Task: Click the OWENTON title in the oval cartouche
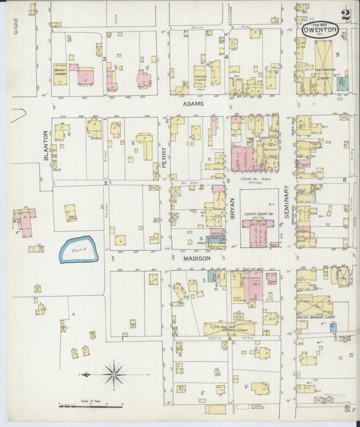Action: click(x=319, y=30)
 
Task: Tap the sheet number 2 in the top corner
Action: click(x=345, y=16)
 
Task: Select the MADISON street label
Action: click(x=197, y=258)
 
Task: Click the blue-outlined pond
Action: click(x=79, y=249)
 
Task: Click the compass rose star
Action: click(x=114, y=373)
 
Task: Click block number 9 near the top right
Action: click(x=346, y=73)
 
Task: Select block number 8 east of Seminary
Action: click(x=344, y=180)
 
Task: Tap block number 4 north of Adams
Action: click(x=228, y=57)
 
